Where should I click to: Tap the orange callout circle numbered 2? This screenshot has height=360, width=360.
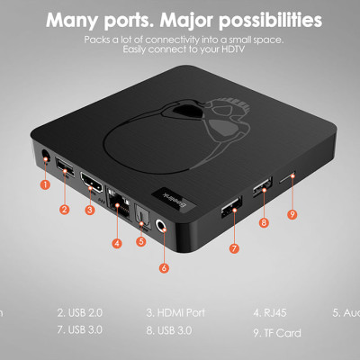point(65,209)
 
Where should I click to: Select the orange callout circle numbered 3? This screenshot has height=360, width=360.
point(90,210)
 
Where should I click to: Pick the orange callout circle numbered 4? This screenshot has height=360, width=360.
point(117,242)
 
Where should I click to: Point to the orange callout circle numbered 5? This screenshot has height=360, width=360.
point(141,240)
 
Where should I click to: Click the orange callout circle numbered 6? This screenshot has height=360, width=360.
point(164,266)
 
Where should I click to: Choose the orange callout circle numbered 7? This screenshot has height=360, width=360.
point(233,247)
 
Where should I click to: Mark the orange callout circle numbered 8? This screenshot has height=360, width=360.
point(264,221)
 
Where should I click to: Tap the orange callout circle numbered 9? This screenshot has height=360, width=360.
point(292,213)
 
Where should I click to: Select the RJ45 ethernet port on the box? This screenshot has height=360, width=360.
point(117,201)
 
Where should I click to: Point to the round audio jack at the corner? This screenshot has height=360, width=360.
point(163,228)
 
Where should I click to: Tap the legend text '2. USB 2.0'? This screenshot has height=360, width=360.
point(81,312)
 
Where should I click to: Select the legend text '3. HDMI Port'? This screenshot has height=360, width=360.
point(176,312)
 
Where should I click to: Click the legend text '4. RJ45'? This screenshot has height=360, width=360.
point(270,312)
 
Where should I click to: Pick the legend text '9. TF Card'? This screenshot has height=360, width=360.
point(277,333)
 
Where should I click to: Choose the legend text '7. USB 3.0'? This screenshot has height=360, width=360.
point(81,329)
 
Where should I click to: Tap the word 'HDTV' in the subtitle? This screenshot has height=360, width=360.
point(229,50)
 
